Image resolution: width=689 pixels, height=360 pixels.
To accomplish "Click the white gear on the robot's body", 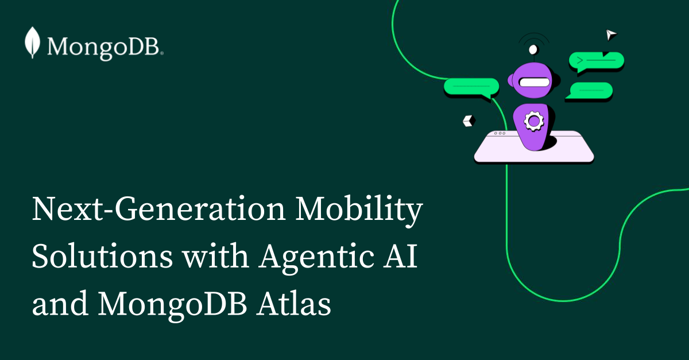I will (x=534, y=121).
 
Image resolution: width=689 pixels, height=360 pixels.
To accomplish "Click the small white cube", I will (x=469, y=121).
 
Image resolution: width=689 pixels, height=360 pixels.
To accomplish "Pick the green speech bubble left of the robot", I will (x=471, y=87).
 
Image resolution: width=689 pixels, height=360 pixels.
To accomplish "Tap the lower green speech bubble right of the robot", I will (x=590, y=90).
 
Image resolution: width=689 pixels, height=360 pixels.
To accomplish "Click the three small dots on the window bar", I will (x=500, y=133).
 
